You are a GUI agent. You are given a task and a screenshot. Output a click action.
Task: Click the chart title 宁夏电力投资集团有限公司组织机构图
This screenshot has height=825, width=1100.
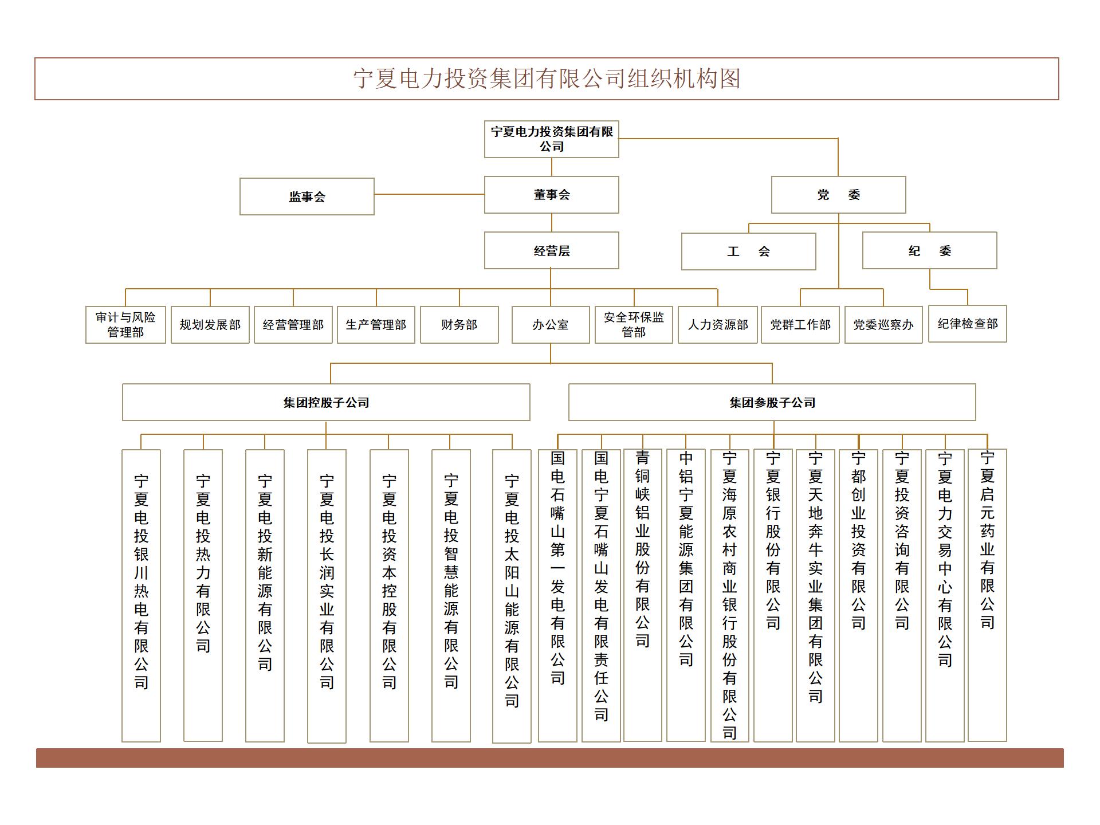pyautogui.click(x=547, y=78)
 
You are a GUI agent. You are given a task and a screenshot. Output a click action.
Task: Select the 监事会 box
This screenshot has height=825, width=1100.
pyautogui.click(x=307, y=197)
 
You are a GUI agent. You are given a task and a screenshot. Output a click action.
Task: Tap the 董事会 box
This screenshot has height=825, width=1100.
pyautogui.click(x=552, y=195)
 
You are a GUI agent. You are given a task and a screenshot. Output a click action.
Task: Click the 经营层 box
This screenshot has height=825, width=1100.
pyautogui.click(x=552, y=250)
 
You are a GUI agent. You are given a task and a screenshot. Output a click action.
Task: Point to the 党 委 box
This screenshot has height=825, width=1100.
pyautogui.click(x=839, y=195)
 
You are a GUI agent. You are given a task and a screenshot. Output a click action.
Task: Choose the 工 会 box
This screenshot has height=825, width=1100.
pyautogui.click(x=749, y=251)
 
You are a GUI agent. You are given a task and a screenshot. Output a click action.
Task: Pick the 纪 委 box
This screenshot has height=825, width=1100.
pyautogui.click(x=930, y=250)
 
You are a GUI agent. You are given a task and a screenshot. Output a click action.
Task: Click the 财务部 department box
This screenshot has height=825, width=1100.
pyautogui.click(x=459, y=325)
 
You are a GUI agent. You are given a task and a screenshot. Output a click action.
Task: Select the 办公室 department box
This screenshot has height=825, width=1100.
pyautogui.click(x=551, y=325)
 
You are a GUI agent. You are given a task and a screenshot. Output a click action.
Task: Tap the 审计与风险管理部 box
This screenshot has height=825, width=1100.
pyautogui.click(x=125, y=325)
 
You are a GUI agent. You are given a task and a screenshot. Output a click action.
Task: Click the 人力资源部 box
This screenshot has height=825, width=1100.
pyautogui.click(x=718, y=325)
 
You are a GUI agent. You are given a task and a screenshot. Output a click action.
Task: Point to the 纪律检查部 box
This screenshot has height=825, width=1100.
pyautogui.click(x=968, y=324)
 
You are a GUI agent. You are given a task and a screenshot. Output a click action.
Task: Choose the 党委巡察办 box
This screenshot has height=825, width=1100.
pyautogui.click(x=883, y=325)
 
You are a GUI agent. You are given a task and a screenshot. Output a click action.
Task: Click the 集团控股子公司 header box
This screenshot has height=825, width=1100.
pyautogui.click(x=326, y=402)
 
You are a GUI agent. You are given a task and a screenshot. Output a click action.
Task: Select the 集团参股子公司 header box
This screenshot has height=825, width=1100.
pyautogui.click(x=772, y=402)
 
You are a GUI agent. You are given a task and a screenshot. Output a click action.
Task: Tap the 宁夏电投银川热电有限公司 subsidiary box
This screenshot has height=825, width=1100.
pyautogui.click(x=141, y=596)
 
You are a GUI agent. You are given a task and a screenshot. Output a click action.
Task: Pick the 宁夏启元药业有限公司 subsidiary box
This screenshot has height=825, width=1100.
pyautogui.click(x=987, y=595)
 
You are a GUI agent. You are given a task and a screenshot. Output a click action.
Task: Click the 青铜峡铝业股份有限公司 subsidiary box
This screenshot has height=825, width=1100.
pyautogui.click(x=643, y=595)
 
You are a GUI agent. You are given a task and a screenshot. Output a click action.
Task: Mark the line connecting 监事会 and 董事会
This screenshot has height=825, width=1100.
pyautogui.click(x=429, y=195)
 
